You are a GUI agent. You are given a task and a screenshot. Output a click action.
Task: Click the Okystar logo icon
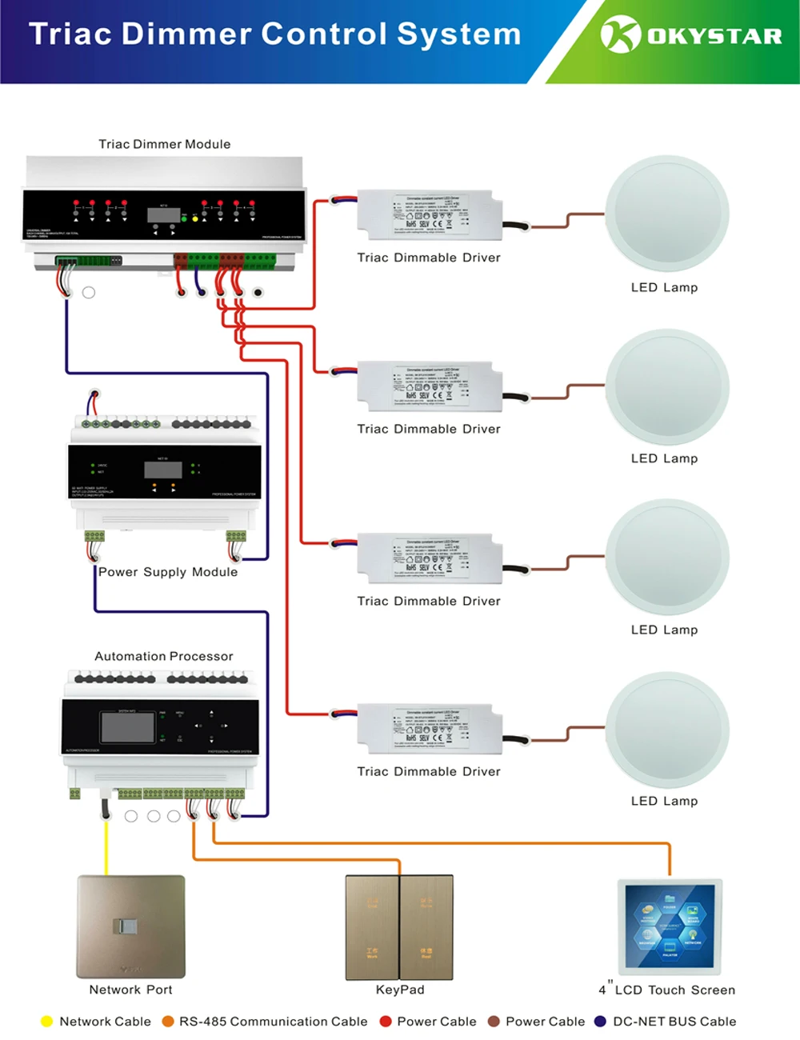tap(621, 34)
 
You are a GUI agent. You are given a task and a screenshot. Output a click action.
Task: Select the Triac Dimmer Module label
tap(164, 144)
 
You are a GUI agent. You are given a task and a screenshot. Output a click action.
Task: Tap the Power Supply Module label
tap(168, 572)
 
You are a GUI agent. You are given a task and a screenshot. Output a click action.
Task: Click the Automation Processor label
tap(164, 656)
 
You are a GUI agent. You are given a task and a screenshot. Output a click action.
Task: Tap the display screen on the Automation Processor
tap(127, 727)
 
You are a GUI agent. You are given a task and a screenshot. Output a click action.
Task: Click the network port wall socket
tap(131, 926)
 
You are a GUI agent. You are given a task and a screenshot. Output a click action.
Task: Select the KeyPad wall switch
tap(399, 927)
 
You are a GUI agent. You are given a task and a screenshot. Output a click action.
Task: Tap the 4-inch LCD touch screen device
tap(670, 926)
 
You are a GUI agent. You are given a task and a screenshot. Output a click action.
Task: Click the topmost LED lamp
tap(667, 214)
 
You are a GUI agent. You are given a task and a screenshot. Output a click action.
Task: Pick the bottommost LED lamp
tap(667, 730)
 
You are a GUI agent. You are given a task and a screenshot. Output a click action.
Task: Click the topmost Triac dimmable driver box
tap(430, 214)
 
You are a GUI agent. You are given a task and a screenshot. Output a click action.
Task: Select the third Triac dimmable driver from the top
tap(430, 558)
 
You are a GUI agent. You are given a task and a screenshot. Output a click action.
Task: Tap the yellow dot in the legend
tap(46, 1022)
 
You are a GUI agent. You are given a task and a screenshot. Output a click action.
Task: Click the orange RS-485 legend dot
tap(168, 1022)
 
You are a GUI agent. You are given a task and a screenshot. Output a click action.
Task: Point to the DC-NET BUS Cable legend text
tap(674, 1022)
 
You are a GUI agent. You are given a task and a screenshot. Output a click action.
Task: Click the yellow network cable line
tap(106, 848)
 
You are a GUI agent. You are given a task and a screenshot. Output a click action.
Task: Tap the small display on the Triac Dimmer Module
tap(163, 214)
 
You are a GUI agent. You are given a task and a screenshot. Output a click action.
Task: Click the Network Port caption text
tap(130, 990)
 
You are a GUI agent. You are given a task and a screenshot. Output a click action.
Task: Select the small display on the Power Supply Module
tap(163, 470)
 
